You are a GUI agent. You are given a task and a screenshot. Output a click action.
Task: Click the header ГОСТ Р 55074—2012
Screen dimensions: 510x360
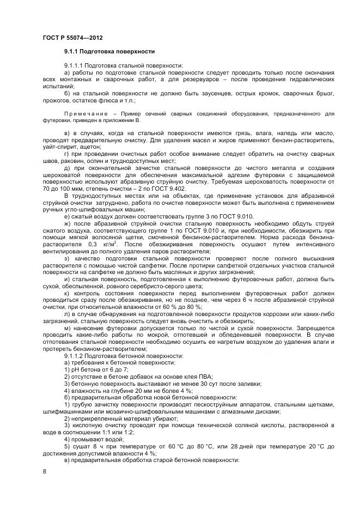coord(72,37)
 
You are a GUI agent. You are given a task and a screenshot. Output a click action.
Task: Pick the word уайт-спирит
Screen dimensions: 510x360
coord(57,146)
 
